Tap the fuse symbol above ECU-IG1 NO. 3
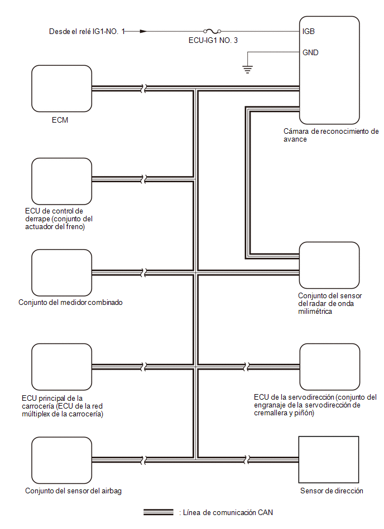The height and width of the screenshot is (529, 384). click(212, 31)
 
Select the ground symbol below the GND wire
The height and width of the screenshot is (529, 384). click(248, 70)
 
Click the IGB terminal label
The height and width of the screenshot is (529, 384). click(308, 31)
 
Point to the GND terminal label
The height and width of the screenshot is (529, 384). click(310, 52)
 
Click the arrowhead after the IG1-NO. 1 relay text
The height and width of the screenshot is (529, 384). click(143, 31)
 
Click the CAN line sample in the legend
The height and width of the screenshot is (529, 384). click(159, 512)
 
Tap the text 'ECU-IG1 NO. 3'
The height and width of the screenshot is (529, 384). click(213, 41)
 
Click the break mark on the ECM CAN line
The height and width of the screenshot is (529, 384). click(143, 89)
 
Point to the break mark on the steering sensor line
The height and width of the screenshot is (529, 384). click(248, 459)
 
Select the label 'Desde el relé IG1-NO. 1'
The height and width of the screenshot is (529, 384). click(87, 31)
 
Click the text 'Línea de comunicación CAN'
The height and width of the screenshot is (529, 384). click(228, 512)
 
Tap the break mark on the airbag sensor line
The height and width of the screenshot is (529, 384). click(143, 460)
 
